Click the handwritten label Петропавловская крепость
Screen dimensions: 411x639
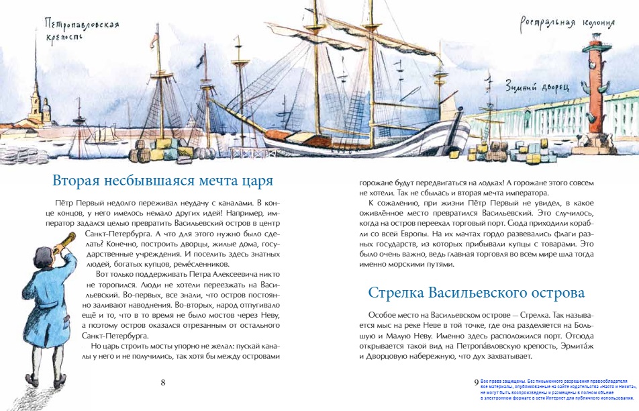[81, 30]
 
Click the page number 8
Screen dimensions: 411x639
[162, 383]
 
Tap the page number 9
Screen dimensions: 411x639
[476, 381]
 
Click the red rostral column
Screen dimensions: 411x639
[595, 101]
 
